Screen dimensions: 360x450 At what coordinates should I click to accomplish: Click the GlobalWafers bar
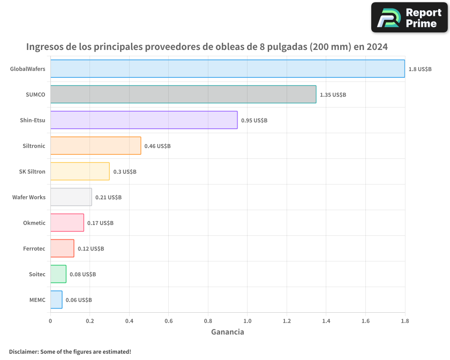[227, 68]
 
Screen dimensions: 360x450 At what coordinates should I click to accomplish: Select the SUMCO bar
[183, 94]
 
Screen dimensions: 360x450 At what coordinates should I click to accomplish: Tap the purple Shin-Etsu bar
[144, 120]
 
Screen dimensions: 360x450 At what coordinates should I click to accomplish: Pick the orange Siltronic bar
[95, 145]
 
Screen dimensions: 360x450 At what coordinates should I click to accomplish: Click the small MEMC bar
[56, 300]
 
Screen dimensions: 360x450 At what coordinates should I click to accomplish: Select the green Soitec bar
[58, 274]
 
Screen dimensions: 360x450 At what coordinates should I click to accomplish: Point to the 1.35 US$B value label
[333, 94]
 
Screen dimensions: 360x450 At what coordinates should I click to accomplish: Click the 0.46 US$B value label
[157, 146]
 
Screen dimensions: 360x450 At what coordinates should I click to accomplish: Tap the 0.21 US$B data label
[108, 197]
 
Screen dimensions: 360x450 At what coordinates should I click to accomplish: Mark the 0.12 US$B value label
[91, 248]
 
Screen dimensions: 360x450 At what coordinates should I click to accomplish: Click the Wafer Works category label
[29, 197]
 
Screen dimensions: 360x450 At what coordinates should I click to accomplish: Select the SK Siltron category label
[32, 171]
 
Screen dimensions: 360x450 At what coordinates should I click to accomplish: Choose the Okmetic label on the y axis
[34, 223]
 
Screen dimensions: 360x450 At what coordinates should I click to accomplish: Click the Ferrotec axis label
[34, 248]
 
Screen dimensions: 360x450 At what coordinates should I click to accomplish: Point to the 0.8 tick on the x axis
[208, 321]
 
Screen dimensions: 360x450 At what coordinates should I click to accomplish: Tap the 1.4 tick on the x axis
[326, 321]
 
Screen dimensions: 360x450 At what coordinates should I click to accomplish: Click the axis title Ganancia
[228, 332]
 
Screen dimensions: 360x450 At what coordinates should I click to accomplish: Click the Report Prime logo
[409, 18]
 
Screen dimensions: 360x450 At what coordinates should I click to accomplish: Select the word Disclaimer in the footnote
[23, 351]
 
